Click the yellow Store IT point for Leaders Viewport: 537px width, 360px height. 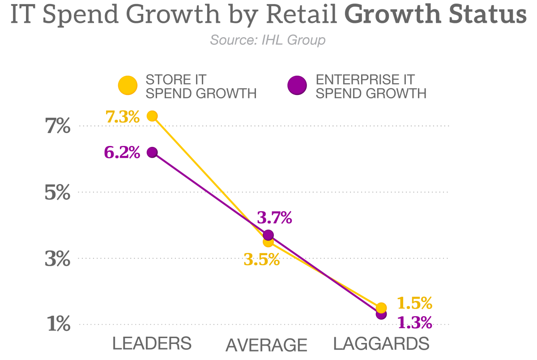(x=152, y=116)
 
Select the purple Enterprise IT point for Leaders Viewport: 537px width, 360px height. (x=152, y=152)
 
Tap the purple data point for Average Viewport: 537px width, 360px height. (x=268, y=235)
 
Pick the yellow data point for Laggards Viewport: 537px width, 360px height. (x=381, y=308)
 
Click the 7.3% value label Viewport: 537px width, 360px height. (x=123, y=117)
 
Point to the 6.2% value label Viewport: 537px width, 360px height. (x=122, y=153)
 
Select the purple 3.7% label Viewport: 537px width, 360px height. (x=274, y=218)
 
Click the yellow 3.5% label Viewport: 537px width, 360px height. (x=261, y=259)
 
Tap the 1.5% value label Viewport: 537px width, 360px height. (x=414, y=303)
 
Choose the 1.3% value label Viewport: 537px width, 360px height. (x=414, y=321)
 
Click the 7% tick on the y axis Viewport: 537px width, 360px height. (x=58, y=127)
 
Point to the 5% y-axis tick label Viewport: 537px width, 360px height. (x=58, y=193)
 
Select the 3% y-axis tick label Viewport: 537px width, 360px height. (x=58, y=259)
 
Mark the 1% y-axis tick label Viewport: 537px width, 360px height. (x=59, y=324)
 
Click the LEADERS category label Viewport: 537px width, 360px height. (x=152, y=344)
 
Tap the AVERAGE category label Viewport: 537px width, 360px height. (x=266, y=345)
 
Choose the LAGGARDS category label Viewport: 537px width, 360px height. (x=381, y=344)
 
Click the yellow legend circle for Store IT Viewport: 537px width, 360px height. (x=128, y=86)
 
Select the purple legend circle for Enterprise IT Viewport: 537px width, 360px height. (x=297, y=86)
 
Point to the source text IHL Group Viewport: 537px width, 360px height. (x=268, y=40)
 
